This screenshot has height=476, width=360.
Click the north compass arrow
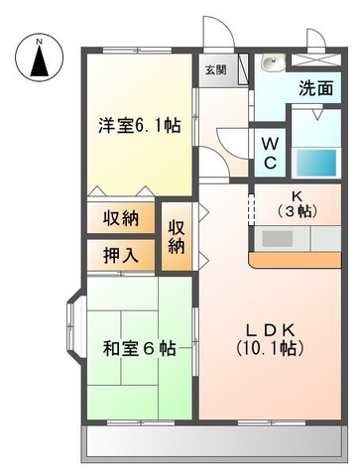pyautogui.click(x=39, y=61)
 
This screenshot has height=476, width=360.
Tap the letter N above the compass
pyautogui.click(x=39, y=40)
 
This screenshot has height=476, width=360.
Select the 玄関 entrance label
pyautogui.click(x=215, y=69)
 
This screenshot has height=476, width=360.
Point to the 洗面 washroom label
pyautogui.click(x=314, y=88)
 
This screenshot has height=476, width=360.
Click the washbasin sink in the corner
pyautogui.click(x=271, y=64)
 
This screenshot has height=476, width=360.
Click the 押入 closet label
pyautogui.click(x=120, y=254)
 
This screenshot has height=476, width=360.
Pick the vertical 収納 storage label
pyautogui.click(x=177, y=235)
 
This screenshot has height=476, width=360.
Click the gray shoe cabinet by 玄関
pyautogui.click(x=223, y=82)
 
